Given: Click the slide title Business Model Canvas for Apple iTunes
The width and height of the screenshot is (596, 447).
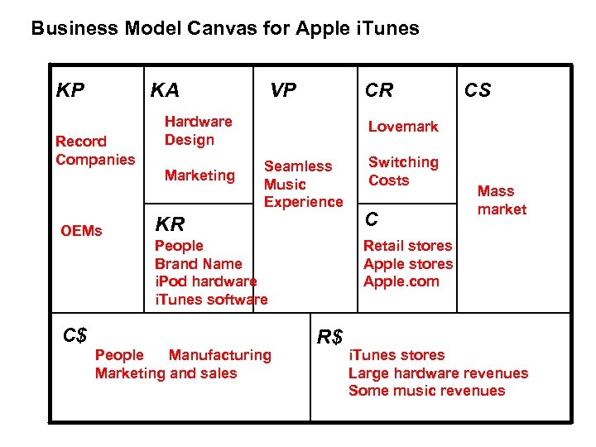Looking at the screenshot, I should (x=224, y=29).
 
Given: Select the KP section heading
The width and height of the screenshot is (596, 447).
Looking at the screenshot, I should (x=70, y=90).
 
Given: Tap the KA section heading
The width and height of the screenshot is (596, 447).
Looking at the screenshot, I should (x=165, y=90).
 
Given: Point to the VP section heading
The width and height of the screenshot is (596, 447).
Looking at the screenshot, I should (x=283, y=90).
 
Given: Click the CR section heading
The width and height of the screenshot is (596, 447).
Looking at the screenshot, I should (x=379, y=90).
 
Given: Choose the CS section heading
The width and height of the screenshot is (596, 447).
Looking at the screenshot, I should (x=477, y=90).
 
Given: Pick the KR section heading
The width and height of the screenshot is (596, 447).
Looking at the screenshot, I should (x=170, y=223).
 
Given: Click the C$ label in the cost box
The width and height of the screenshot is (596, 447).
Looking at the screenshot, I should (x=75, y=334).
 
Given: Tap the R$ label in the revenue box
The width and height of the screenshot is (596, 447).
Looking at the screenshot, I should (x=329, y=336).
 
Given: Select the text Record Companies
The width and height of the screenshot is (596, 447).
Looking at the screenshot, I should (x=94, y=151).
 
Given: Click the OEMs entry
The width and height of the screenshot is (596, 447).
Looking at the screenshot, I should (x=81, y=230).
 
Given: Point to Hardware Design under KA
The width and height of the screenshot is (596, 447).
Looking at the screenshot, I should (x=198, y=131).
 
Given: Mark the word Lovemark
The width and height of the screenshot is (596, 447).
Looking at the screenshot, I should (x=403, y=127).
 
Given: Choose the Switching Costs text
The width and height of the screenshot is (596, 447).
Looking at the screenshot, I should (x=403, y=171).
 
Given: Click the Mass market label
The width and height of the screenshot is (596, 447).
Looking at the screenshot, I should (x=502, y=200).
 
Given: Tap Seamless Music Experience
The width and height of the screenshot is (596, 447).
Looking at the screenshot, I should (x=302, y=184).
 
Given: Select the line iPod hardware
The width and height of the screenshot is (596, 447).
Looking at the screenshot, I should (x=205, y=281).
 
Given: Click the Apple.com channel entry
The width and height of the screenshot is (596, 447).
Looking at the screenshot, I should (x=401, y=281).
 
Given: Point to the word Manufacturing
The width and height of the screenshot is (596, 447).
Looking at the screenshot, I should (x=219, y=355).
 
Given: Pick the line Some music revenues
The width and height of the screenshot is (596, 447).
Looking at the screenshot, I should (x=426, y=391).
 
